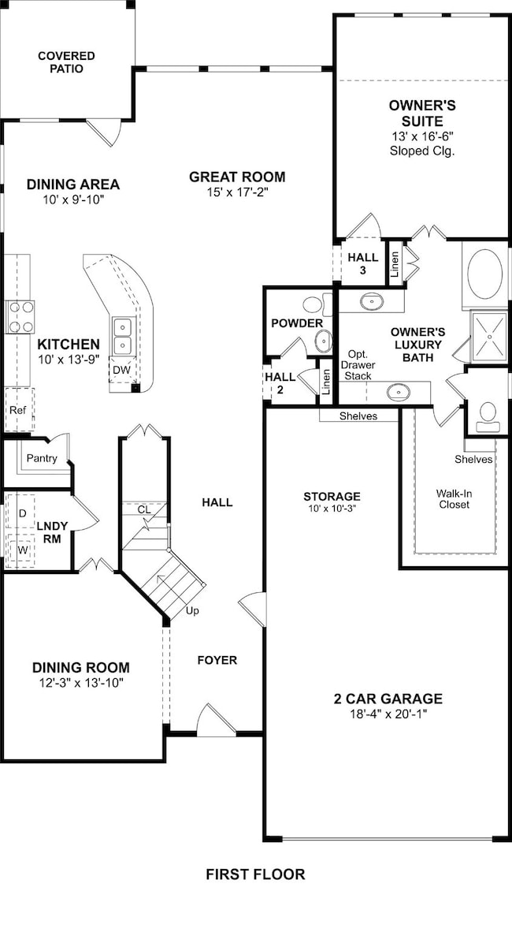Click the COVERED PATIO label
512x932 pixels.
point(66,62)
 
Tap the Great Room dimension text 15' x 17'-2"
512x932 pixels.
point(237,192)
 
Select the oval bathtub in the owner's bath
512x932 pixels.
point(484,274)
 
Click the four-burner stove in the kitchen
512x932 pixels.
point(20,317)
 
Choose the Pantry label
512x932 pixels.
point(42,458)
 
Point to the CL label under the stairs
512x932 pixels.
point(144,509)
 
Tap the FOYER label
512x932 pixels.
point(217,660)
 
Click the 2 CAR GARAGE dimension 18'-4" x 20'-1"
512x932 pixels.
point(388,714)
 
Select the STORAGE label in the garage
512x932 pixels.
point(332,496)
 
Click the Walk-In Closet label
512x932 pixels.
point(454,498)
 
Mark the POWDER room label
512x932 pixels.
point(297,323)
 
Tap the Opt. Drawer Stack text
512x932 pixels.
point(358,363)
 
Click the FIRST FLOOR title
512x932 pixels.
point(255,874)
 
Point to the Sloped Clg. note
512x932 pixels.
point(422,151)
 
